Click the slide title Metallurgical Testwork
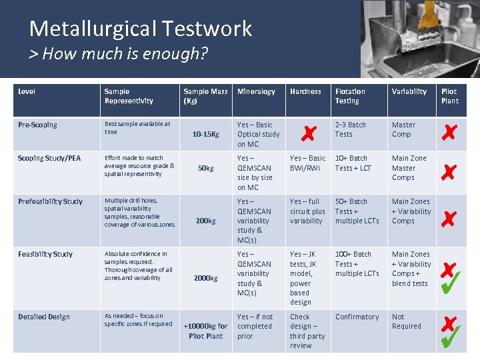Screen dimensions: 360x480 point(141,29)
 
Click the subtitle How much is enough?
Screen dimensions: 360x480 point(119,54)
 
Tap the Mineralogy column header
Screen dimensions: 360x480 point(256,91)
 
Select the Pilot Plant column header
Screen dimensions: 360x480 point(450,96)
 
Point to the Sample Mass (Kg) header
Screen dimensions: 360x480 point(205,96)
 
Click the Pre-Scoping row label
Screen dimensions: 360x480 point(38,125)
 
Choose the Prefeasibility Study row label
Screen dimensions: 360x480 point(51,201)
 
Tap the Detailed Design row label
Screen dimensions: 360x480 point(44,317)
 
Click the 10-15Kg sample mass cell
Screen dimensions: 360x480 point(206,134)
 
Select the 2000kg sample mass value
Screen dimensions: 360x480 point(206,278)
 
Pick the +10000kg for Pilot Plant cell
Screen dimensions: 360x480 point(206,331)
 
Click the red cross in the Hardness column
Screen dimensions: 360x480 point(308,134)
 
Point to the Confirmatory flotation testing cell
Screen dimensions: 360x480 point(357,317)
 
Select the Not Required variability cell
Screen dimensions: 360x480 point(407,321)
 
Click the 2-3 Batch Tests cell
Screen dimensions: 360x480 point(351,129)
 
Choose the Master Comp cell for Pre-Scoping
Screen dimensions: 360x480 point(403,129)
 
